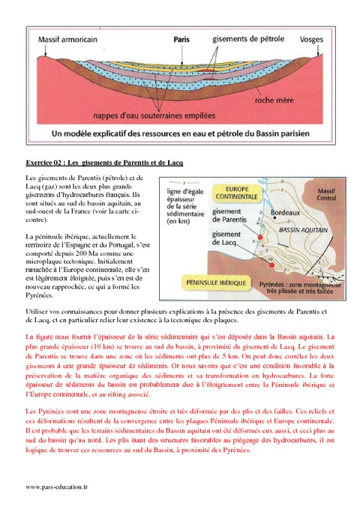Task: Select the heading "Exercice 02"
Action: (104, 163)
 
